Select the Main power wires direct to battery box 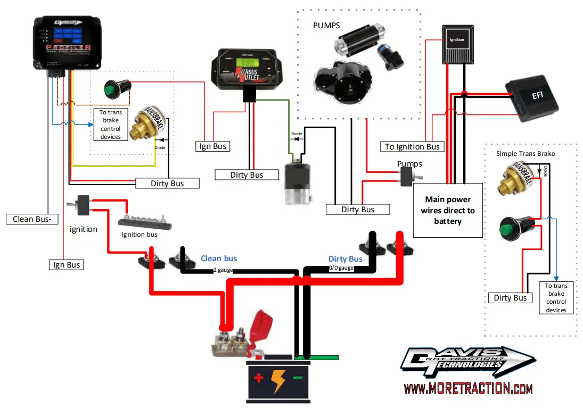[448, 210]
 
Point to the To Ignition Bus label [413, 146]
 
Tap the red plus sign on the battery [259, 379]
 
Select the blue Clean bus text [218, 259]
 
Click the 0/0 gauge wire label [341, 268]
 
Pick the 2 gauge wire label [223, 270]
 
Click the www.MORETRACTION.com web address [468, 389]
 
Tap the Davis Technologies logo [461, 363]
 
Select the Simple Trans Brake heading [525, 154]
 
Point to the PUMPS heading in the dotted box [326, 25]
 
